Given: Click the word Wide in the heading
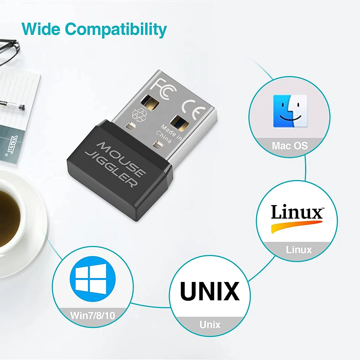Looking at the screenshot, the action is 41,29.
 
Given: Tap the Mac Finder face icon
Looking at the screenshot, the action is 290,111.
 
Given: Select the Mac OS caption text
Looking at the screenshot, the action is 290,146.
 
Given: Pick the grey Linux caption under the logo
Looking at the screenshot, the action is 299,250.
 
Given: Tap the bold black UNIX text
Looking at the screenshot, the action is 210,291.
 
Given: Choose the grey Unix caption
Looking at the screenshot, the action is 210,325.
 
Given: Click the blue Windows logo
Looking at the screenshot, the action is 93,279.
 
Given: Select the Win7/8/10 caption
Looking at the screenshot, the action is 93,316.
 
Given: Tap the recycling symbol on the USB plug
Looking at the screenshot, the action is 139,115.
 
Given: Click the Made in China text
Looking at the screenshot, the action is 169,134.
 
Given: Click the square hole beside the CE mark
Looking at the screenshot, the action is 180,123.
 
